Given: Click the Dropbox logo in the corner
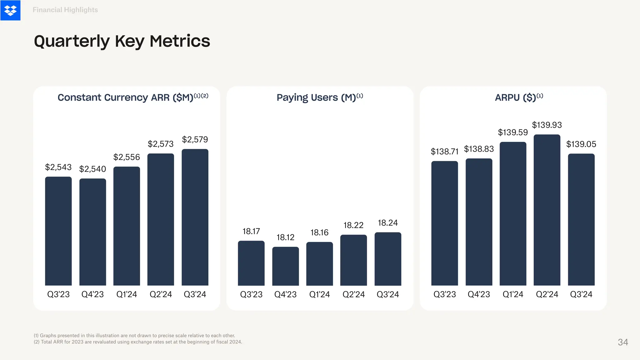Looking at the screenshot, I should (10, 10).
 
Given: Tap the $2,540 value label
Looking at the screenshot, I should (92, 169).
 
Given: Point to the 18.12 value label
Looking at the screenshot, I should (285, 237).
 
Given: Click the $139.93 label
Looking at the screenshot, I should (547, 125).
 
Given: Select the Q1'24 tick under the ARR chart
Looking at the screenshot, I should (127, 294).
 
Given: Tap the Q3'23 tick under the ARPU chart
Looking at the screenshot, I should (444, 294).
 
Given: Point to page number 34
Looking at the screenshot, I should (623, 342).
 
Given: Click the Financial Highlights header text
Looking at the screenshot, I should (65, 10).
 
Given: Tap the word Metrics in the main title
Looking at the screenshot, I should (180, 41).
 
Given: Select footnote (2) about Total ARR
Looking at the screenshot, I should (137, 342).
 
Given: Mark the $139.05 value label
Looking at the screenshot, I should (581, 144).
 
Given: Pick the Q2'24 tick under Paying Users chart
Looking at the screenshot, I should (353, 294).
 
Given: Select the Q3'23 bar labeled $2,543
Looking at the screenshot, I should (58, 231).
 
